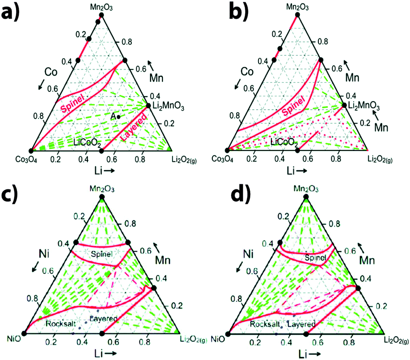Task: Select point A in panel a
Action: [x=119, y=117]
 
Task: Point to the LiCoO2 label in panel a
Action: [x=86, y=142]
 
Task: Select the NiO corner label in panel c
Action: [x=12, y=339]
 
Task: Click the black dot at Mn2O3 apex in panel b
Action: [x=297, y=15]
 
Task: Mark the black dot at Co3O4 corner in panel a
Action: [x=31, y=150]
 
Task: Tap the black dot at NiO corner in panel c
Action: [x=24, y=333]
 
